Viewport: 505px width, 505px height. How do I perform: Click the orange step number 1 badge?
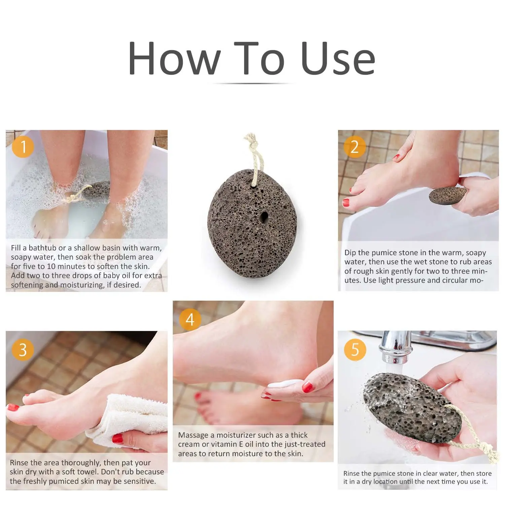point(23,147)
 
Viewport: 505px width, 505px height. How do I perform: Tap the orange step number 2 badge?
point(355,147)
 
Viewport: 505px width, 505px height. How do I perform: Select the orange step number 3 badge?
point(23,350)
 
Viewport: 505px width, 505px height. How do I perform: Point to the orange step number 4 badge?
point(190,319)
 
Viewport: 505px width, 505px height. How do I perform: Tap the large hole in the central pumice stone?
point(264,217)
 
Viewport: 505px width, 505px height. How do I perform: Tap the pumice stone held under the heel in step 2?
point(448,195)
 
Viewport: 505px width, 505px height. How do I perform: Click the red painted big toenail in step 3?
point(13,408)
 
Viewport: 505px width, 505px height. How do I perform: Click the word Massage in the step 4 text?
point(193,435)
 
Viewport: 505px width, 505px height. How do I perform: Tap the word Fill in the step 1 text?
point(15,248)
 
